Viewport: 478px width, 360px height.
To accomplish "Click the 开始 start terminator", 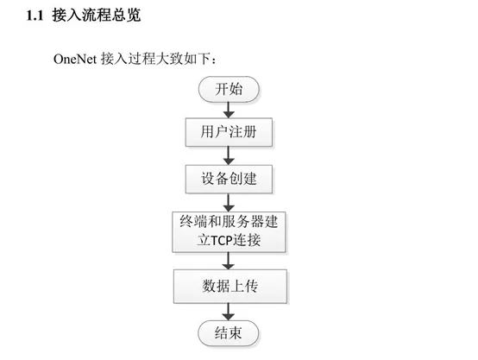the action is [x=229, y=89].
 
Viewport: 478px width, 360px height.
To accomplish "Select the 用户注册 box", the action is [x=229, y=132].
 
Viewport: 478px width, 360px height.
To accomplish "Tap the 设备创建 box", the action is [x=229, y=179].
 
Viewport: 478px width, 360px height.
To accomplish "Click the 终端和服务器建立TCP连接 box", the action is [x=229, y=232].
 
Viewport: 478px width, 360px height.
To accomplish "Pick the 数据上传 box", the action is [x=230, y=286].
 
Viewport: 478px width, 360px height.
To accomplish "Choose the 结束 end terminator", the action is [x=229, y=333].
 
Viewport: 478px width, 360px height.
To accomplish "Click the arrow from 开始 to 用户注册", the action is [x=229, y=110].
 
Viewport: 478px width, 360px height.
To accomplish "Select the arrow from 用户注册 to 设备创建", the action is [x=229, y=155].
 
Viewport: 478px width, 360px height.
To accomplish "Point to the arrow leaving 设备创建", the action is [x=229, y=202].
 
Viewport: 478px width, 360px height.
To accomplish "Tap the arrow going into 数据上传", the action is [x=229, y=261].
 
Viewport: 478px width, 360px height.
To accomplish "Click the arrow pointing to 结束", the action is [x=229, y=312].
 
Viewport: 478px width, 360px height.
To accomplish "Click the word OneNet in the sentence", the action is [x=75, y=59].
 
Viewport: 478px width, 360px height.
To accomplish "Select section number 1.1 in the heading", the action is [x=35, y=16].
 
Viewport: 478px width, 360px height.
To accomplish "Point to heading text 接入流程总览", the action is [x=97, y=15].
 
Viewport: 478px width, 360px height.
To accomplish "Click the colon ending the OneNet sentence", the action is [x=214, y=60].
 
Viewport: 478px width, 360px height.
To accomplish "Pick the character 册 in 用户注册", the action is [x=249, y=132].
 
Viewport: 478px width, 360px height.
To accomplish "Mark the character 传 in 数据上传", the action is [x=251, y=286].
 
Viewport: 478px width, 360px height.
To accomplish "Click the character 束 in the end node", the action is [x=236, y=333].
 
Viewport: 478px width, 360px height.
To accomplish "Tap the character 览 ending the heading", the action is [x=134, y=15].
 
